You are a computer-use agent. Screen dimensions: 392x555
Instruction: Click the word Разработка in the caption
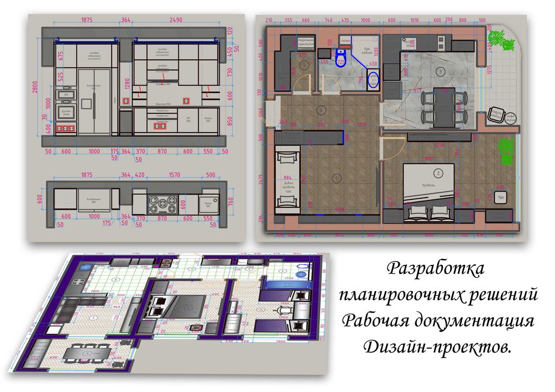click(x=436, y=268)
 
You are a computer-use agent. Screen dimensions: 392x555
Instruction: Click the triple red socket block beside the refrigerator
click(x=67, y=128)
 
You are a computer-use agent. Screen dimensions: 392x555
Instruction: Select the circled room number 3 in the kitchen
click(x=441, y=72)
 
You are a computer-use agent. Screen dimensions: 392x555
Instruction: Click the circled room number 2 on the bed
click(x=438, y=172)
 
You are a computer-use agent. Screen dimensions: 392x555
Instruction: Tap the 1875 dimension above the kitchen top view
click(x=86, y=175)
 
